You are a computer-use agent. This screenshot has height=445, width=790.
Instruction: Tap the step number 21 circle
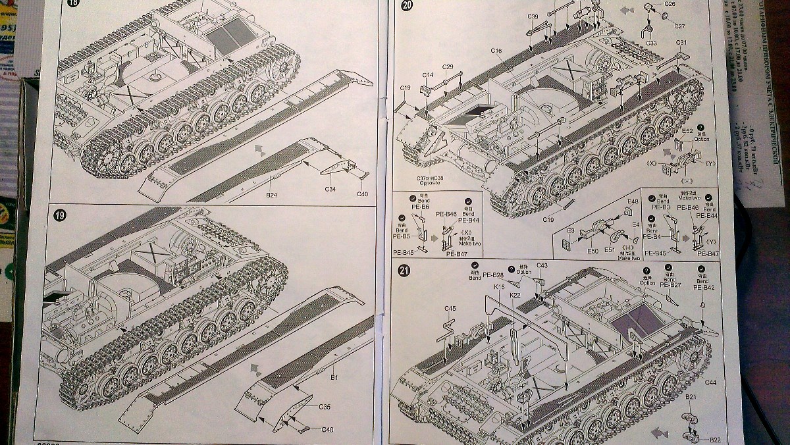[405, 270]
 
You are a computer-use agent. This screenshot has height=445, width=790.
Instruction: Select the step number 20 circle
[406, 6]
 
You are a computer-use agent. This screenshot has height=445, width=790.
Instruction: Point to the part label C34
[330, 189]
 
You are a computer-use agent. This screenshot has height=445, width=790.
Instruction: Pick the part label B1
[334, 379]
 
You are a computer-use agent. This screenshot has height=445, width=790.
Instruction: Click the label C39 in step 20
[533, 16]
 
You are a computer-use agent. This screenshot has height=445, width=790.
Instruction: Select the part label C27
[679, 26]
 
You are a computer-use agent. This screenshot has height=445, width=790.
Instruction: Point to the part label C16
[496, 51]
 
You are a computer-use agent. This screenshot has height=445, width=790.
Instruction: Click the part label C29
[448, 66]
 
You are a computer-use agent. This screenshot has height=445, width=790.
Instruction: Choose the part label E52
[687, 130]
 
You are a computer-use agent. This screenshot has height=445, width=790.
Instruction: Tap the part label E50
[592, 251]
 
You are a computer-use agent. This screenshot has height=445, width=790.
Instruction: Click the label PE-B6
[421, 207]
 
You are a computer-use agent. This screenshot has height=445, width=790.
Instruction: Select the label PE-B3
[661, 207]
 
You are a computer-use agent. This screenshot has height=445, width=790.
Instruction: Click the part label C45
[450, 308]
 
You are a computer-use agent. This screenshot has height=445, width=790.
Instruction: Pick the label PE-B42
[704, 288]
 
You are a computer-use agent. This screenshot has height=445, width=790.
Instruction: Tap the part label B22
[715, 439]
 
